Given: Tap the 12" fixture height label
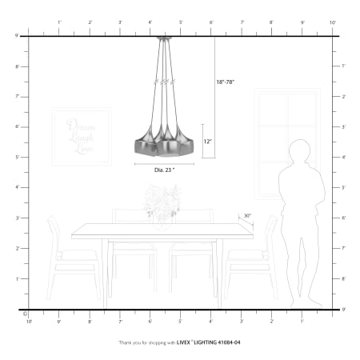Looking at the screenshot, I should (208, 142).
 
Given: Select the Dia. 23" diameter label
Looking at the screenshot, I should (165, 170).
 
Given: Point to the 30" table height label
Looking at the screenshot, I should (248, 215).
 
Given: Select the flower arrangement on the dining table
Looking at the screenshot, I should (162, 202).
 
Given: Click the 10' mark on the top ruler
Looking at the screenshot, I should (332, 22).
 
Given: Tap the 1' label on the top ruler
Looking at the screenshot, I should (59, 22).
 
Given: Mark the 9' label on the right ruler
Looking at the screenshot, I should (342, 308).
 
